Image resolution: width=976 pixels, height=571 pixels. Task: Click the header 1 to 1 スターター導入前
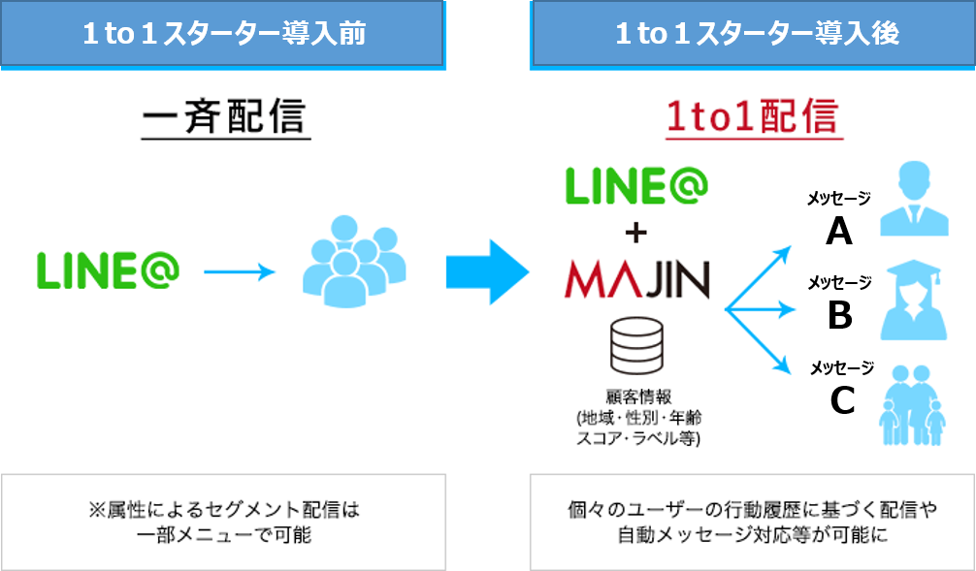point(222,34)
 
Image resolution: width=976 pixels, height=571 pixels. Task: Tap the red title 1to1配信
point(752,117)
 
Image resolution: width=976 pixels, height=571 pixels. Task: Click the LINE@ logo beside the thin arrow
point(108,271)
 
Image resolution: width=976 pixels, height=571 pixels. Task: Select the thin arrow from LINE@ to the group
point(240,272)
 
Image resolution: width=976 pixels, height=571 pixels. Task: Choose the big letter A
point(839,231)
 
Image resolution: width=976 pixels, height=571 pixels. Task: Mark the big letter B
point(840,314)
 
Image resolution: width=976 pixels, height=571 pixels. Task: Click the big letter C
point(841,398)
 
